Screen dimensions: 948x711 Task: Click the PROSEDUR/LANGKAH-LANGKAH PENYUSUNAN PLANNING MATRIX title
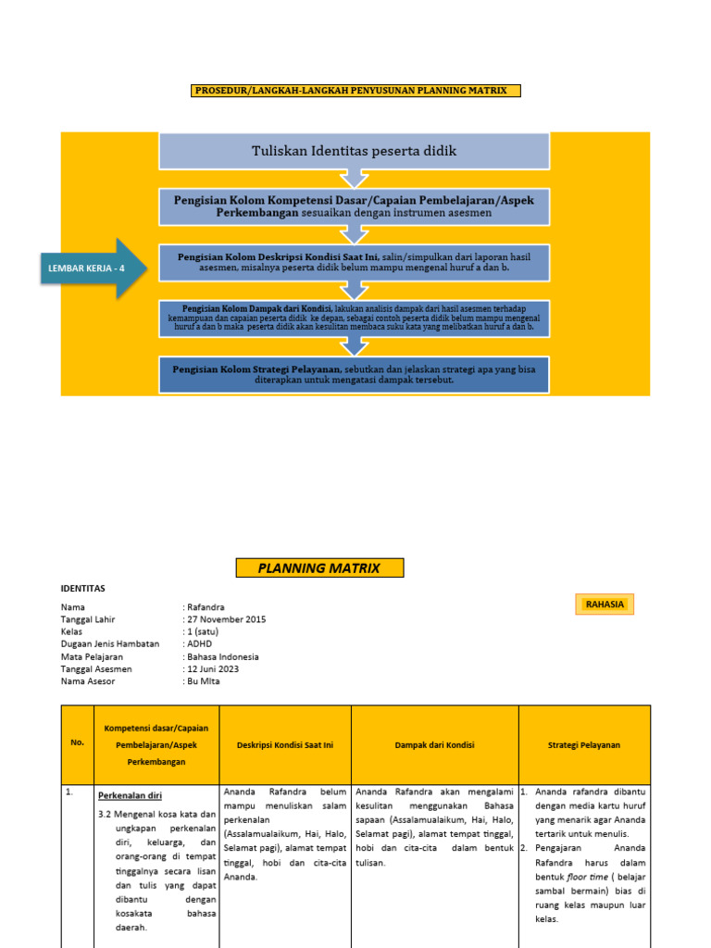355,91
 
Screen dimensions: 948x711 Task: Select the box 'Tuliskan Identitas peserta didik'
355,151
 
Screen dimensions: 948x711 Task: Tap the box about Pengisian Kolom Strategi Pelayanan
355,374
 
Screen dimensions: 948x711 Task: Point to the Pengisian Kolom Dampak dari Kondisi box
355,318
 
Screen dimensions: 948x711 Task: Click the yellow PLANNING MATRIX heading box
318,568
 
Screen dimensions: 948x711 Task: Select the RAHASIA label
605,605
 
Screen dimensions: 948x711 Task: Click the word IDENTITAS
83,588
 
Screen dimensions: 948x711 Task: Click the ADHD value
200,643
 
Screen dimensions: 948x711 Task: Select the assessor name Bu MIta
205,680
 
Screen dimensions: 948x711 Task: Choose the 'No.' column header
77,743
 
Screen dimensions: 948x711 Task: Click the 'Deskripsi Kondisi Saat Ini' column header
285,744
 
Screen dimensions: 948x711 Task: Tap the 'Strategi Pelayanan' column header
584,744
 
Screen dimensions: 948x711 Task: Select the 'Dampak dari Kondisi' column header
435,744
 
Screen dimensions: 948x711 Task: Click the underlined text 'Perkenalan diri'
130,794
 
